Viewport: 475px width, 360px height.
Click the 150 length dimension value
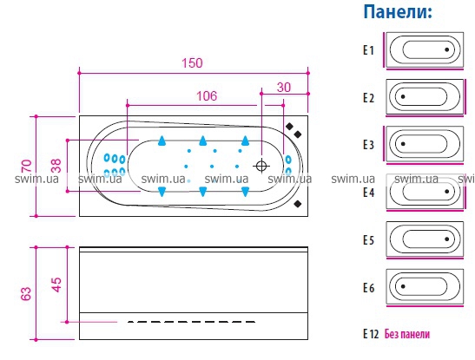[192, 63]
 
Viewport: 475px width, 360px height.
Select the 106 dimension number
[207, 96]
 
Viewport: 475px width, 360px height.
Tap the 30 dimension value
[284, 88]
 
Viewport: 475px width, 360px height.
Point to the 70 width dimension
[27, 166]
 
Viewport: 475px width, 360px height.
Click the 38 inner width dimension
[56, 166]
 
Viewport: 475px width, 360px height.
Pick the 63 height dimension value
[26, 294]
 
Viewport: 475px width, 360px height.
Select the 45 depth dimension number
[56, 285]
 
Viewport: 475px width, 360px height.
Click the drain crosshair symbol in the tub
[261, 166]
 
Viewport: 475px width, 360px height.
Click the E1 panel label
[369, 50]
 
